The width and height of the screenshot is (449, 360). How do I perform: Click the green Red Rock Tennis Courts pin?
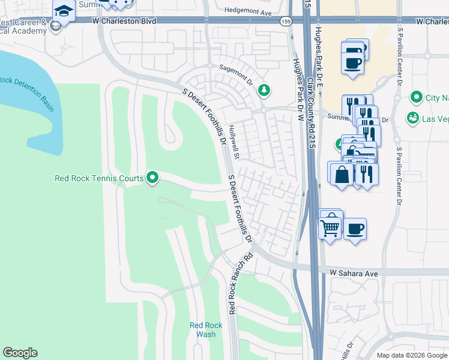click(152, 177)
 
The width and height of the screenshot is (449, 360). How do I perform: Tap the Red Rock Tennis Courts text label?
click(99, 178)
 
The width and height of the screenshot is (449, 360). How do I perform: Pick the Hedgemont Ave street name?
click(248, 11)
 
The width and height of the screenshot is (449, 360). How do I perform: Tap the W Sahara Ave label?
click(354, 273)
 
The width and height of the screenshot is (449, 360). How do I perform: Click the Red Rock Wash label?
click(206, 329)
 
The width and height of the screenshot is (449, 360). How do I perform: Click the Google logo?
click(20, 353)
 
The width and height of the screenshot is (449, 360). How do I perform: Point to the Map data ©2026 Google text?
click(412, 355)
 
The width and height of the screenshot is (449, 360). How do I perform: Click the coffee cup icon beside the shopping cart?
click(355, 229)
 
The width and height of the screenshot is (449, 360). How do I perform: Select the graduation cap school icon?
click(62, 10)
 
